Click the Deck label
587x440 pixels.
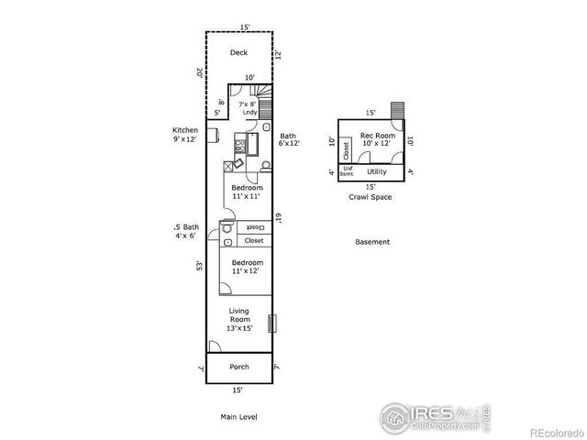[238, 52]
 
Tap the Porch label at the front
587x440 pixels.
[238, 367]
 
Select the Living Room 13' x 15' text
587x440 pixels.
[239, 319]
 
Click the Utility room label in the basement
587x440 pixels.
[376, 171]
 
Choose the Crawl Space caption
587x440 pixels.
[370, 197]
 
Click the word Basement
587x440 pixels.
[372, 242]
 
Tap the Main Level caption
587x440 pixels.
[238, 417]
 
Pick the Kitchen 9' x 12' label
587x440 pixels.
[185, 135]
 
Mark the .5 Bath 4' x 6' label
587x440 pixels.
[185, 232]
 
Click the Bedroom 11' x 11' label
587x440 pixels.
[247, 192]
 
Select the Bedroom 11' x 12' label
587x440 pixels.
[247, 267]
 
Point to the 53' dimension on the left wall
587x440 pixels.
[198, 266]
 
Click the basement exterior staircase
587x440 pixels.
[396, 110]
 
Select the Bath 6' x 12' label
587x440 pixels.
[289, 139]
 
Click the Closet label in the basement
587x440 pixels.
[346, 148]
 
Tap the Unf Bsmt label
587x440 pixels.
[348, 170]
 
